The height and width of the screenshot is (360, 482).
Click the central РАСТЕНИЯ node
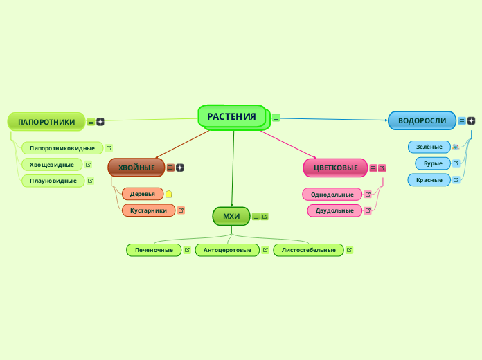coord(232,116)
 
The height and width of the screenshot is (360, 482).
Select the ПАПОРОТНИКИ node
coord(46,122)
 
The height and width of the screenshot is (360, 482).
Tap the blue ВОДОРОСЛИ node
coord(422,120)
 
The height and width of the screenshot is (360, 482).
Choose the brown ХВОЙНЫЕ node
coord(136,168)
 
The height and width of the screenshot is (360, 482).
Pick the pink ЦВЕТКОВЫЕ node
coord(335,168)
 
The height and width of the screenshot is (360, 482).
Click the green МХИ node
coord(231,216)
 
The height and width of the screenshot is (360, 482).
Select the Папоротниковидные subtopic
coord(62,148)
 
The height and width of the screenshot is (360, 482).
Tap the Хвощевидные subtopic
coord(52,165)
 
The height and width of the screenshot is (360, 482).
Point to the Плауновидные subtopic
coord(53,181)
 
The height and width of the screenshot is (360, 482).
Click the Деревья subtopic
coord(142,194)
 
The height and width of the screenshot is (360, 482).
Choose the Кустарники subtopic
coord(148,210)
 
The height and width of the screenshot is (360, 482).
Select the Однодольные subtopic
coord(332,195)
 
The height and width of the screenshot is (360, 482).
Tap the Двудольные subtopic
coord(334,210)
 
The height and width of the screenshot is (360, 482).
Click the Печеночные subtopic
coord(154,250)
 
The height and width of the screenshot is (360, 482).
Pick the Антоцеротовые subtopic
coord(227,250)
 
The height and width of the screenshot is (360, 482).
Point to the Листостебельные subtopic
coord(308,250)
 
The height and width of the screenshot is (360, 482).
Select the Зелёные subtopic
coord(429,147)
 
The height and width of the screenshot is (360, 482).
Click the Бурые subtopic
coord(432,163)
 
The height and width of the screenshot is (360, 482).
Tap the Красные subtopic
coord(429,180)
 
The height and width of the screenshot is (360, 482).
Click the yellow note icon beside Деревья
coord(169,194)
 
